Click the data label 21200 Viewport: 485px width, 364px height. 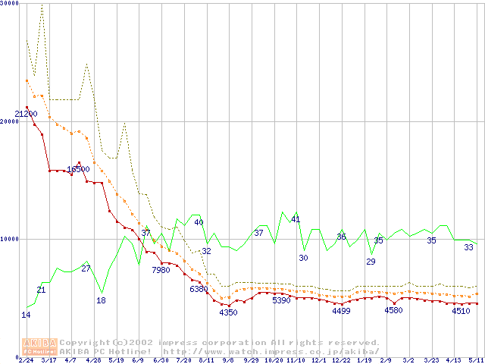[26, 115]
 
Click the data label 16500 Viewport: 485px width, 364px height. [78, 170]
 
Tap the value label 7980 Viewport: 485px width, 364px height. [161, 270]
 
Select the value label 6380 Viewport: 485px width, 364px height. [199, 289]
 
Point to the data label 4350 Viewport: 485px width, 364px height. [228, 312]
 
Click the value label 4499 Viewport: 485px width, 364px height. [341, 311]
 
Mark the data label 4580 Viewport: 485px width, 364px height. [393, 310]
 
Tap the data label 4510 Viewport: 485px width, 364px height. [461, 311]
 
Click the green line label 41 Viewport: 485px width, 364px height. [296, 220]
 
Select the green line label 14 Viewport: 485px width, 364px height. [26, 315]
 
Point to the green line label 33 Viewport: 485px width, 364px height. [468, 248]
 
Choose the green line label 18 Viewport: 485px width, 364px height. [101, 300]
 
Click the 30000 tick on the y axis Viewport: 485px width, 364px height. [9, 3]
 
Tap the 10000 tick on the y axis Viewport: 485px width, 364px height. [9, 239]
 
